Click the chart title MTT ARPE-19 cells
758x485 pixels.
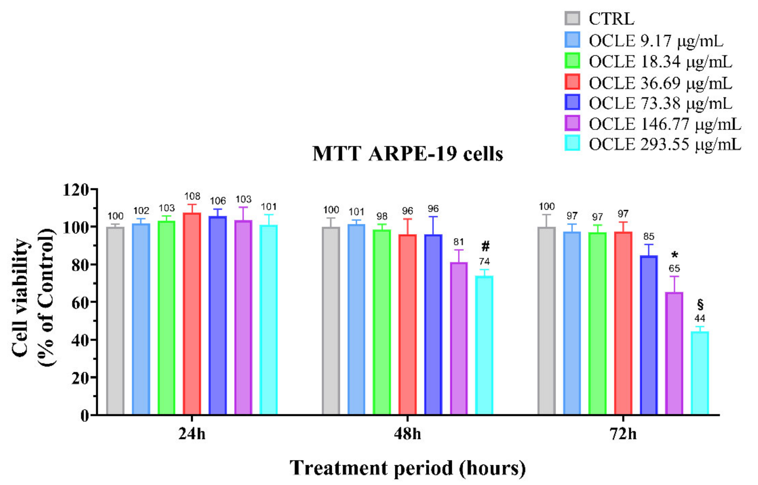pyautogui.click(x=407, y=154)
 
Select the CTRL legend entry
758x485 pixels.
pyautogui.click(x=611, y=19)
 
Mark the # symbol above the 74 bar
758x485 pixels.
pyautogui.click(x=485, y=246)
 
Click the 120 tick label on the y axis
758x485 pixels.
pyautogui.click(x=76, y=190)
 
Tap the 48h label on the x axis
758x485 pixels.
pyautogui.click(x=407, y=434)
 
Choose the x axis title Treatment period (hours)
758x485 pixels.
pyautogui.click(x=407, y=468)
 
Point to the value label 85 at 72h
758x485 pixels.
pyautogui.click(x=649, y=236)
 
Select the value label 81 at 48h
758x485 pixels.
pyautogui.click(x=458, y=242)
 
